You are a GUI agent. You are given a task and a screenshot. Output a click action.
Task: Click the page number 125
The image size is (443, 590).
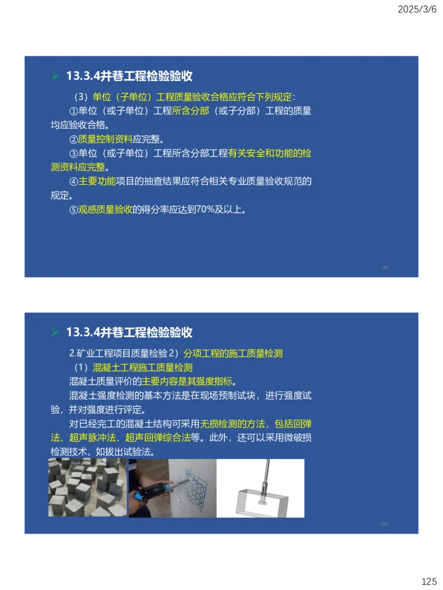(429, 581)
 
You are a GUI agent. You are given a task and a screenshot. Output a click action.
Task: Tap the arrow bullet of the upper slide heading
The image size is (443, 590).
(55, 76)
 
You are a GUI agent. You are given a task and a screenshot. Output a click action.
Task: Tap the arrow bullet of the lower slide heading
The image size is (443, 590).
(55, 332)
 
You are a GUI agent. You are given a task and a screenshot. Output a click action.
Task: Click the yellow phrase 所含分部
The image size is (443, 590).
(190, 111)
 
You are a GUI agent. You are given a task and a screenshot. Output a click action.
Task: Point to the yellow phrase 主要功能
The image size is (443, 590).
(97, 181)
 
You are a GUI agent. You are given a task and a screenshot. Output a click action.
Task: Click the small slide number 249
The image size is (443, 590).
(385, 267)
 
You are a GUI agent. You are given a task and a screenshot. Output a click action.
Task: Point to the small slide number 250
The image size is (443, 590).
(385, 524)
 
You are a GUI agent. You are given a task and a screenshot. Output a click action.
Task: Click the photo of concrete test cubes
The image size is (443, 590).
(87, 488)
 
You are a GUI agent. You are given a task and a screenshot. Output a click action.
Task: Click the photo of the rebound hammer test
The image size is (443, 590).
(172, 488)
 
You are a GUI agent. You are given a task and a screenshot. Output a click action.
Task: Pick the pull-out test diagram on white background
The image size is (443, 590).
(260, 488)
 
